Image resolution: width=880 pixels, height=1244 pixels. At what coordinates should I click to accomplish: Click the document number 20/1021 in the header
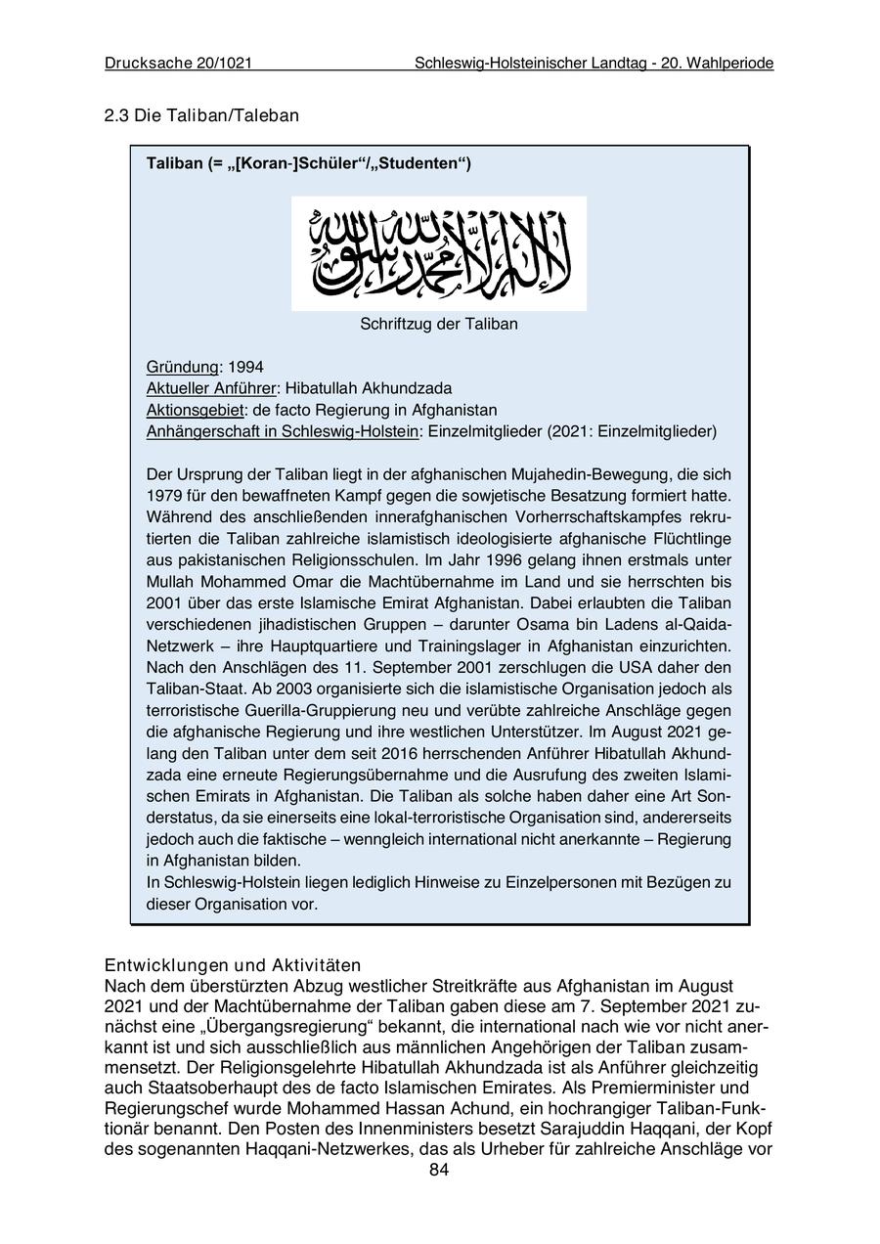click(x=223, y=64)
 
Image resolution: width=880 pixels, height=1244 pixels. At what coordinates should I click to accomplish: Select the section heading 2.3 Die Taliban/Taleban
click(x=201, y=115)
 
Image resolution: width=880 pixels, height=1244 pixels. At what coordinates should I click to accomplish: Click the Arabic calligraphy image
click(x=439, y=253)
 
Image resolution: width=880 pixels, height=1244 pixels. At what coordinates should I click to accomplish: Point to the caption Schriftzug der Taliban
click(x=439, y=324)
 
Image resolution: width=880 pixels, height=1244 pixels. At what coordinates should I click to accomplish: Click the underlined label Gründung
click(x=183, y=367)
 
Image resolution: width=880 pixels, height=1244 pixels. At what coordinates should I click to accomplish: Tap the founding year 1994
click(x=245, y=367)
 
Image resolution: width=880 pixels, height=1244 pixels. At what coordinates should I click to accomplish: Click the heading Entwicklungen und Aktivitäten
click(x=233, y=965)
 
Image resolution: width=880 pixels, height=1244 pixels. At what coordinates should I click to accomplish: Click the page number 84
click(x=439, y=1171)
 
